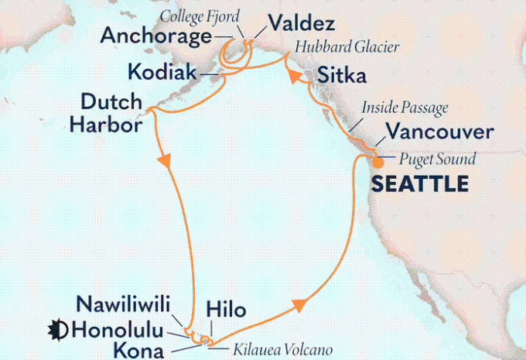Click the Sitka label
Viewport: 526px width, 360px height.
tap(340, 75)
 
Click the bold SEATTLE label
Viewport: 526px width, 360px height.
tap(420, 184)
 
